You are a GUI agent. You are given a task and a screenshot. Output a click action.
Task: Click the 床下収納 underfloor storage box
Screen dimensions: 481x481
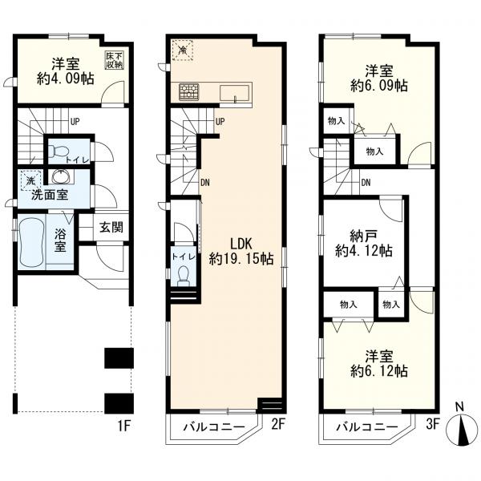115,60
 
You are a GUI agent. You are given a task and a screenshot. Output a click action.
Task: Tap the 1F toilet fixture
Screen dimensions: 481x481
57,152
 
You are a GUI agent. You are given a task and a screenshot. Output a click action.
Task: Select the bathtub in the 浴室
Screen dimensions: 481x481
30,242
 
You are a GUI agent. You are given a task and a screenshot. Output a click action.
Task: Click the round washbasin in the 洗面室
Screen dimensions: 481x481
62,176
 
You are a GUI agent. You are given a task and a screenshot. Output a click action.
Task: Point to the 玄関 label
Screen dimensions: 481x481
111,228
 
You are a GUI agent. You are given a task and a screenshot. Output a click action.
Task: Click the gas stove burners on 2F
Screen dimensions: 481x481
189,91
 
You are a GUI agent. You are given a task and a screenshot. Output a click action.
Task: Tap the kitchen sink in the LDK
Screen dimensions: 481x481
234,93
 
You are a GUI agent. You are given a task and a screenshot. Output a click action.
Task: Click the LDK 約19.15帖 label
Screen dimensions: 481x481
241,252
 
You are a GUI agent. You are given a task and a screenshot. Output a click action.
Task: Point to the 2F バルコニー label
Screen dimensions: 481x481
214,427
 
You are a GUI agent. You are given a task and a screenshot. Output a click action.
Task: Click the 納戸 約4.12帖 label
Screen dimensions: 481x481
363,245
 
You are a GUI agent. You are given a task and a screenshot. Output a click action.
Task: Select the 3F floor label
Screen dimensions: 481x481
433,425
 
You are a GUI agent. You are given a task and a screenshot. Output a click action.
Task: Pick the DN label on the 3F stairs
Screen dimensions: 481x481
366,183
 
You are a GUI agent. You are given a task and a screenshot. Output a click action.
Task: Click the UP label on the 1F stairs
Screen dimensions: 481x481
75,122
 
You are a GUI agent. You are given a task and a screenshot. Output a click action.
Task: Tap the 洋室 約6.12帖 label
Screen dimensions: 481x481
379,364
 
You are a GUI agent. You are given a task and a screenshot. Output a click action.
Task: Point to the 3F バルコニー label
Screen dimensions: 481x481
367,427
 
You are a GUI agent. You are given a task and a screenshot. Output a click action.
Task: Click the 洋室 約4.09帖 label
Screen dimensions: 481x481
66,71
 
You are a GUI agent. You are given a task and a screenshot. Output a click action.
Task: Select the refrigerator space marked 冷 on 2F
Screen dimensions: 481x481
182,51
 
